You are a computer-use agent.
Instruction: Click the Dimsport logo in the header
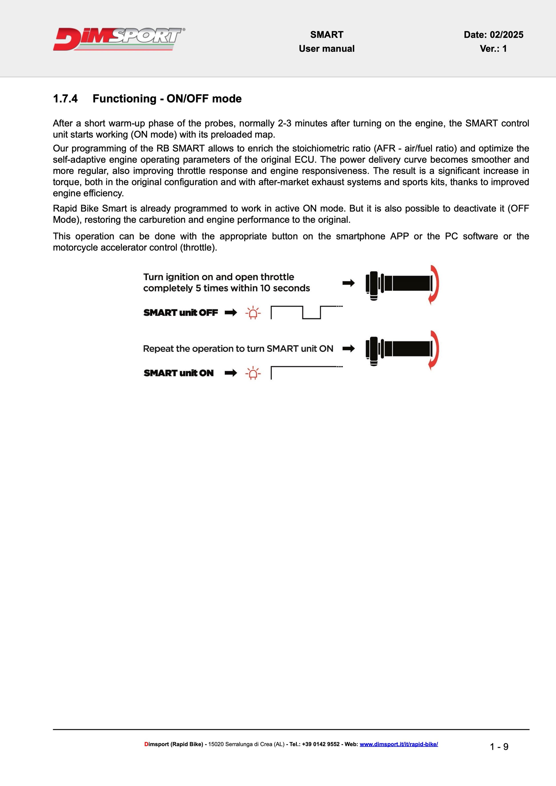(119, 39)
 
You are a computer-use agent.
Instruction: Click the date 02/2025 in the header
(506, 35)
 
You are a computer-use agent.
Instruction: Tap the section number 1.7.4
(65, 99)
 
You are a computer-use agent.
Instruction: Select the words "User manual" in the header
(327, 49)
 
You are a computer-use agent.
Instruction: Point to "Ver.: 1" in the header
(493, 49)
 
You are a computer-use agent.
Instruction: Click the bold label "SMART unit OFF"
(180, 312)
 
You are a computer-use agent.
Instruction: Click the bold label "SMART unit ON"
(178, 373)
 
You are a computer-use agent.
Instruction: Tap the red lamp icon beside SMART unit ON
(253, 373)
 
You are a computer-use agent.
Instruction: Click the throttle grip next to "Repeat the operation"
(399, 350)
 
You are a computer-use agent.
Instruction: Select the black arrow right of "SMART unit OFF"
(231, 312)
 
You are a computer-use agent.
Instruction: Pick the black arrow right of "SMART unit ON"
(231, 373)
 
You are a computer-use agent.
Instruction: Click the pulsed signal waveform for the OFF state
(306, 312)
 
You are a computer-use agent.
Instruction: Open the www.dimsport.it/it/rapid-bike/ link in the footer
(399, 744)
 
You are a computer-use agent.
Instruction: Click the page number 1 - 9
(499, 747)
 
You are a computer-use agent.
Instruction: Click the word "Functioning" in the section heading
(124, 99)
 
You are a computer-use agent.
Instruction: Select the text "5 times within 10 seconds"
(253, 288)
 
